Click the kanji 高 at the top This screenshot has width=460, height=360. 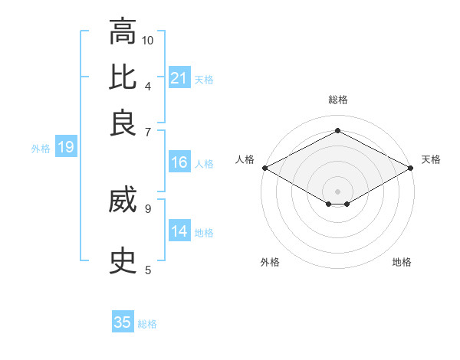point(122,33)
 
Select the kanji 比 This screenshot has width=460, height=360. point(122,78)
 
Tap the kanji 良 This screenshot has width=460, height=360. point(122,123)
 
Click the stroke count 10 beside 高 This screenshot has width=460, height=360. point(148,40)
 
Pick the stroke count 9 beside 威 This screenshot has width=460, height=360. point(147,208)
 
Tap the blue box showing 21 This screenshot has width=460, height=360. point(179,77)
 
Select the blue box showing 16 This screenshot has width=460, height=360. point(179,162)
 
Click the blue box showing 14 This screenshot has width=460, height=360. point(179,231)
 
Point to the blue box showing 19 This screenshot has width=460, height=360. point(66,148)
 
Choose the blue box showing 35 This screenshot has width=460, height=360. point(123,322)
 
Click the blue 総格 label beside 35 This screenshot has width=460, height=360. point(147,324)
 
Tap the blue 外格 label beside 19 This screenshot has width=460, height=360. point(41,149)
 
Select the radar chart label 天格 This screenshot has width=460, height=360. point(431,159)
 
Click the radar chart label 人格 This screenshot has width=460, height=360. point(245,159)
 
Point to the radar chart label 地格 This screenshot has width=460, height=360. point(402,262)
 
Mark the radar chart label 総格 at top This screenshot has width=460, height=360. point(337,100)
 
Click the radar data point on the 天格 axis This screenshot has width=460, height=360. point(411,168)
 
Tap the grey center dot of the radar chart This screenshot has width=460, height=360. point(337,191)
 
